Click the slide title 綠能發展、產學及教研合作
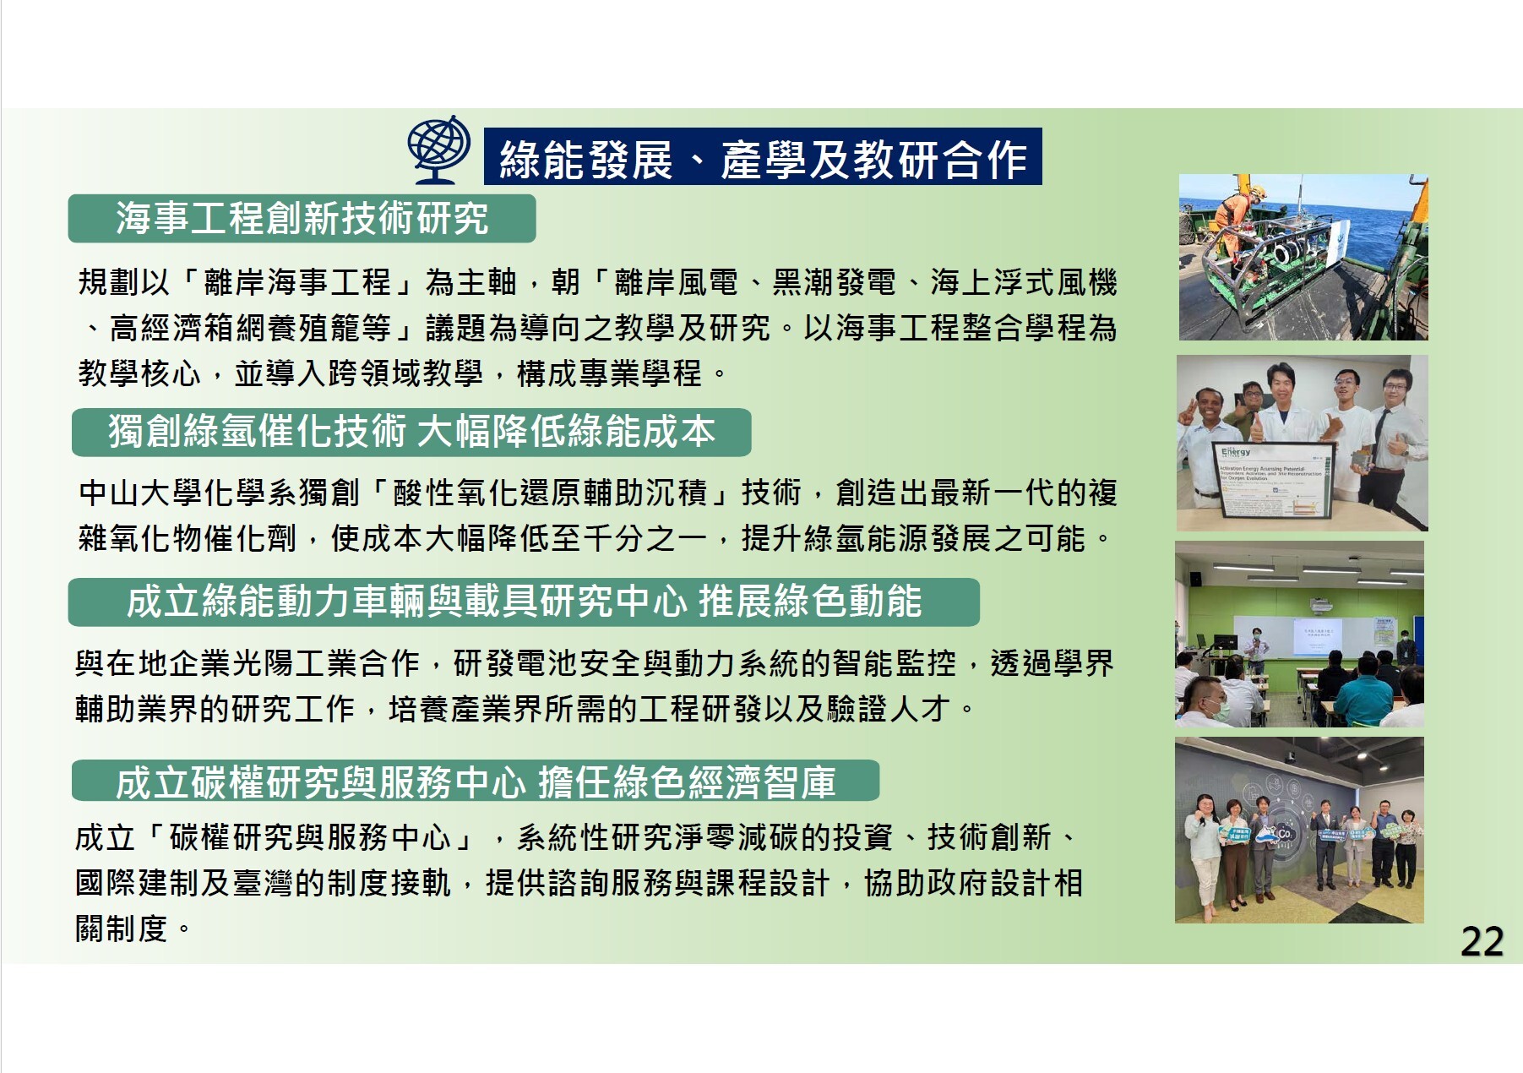click(x=763, y=158)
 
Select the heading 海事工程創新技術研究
click(x=302, y=219)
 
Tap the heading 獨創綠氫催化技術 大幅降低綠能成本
click(x=411, y=432)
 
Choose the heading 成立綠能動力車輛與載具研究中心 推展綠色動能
click(x=524, y=602)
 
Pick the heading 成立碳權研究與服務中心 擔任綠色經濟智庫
click(x=476, y=782)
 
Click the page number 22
click(x=1482, y=942)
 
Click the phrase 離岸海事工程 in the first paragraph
click(x=298, y=283)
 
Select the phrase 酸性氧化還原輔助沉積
click(x=550, y=493)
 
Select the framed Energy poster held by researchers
click(x=1274, y=479)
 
